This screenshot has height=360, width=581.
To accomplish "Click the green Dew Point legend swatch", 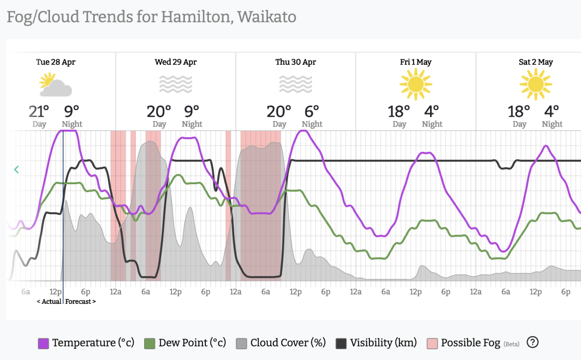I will (150, 343).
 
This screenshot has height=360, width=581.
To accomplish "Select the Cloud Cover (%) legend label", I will (288, 343).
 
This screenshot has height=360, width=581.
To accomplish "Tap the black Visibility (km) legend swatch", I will (342, 343).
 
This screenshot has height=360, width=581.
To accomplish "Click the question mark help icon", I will (532, 342).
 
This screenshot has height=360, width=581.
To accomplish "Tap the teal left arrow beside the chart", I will (16, 169).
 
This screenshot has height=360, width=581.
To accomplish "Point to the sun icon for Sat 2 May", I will (536, 84).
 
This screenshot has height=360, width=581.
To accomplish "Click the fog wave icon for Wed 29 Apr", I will (176, 84).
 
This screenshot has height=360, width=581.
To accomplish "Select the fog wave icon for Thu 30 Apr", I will (296, 84).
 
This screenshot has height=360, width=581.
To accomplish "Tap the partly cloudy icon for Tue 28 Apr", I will (56, 85).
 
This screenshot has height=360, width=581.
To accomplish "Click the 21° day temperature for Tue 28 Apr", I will (39, 111).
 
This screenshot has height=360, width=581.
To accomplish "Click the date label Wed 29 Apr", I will (176, 62).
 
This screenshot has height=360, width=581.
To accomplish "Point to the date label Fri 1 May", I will (416, 62).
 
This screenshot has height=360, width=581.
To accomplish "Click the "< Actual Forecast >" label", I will (66, 302).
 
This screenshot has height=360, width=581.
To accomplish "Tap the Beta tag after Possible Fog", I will (512, 344).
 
